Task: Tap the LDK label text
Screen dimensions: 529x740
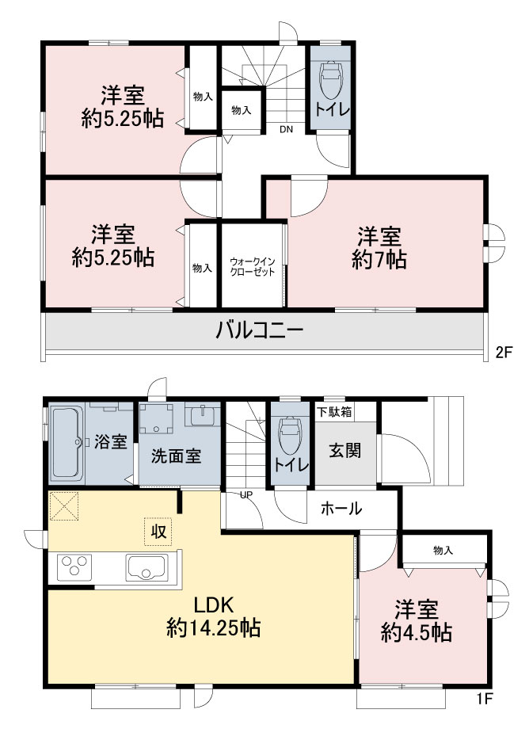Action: click(x=214, y=605)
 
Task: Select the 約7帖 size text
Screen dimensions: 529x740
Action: click(x=379, y=260)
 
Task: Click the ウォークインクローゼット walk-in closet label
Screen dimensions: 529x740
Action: click(x=252, y=267)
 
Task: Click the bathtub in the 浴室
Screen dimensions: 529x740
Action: click(x=67, y=444)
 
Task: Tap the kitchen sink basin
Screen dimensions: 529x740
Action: click(x=147, y=568)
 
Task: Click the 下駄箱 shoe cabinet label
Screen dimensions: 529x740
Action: click(x=334, y=411)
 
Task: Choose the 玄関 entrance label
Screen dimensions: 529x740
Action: click(x=345, y=450)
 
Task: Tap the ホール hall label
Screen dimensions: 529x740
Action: click(x=341, y=509)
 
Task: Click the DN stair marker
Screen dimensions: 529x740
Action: click(x=286, y=129)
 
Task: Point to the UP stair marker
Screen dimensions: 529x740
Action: click(x=246, y=494)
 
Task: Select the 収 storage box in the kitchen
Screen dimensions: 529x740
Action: click(x=158, y=532)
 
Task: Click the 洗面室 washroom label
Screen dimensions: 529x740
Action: click(x=176, y=456)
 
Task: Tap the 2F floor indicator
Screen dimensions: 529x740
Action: click(x=504, y=352)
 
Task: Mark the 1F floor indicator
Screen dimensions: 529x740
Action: click(x=484, y=699)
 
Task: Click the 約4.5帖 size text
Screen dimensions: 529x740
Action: click(x=417, y=632)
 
